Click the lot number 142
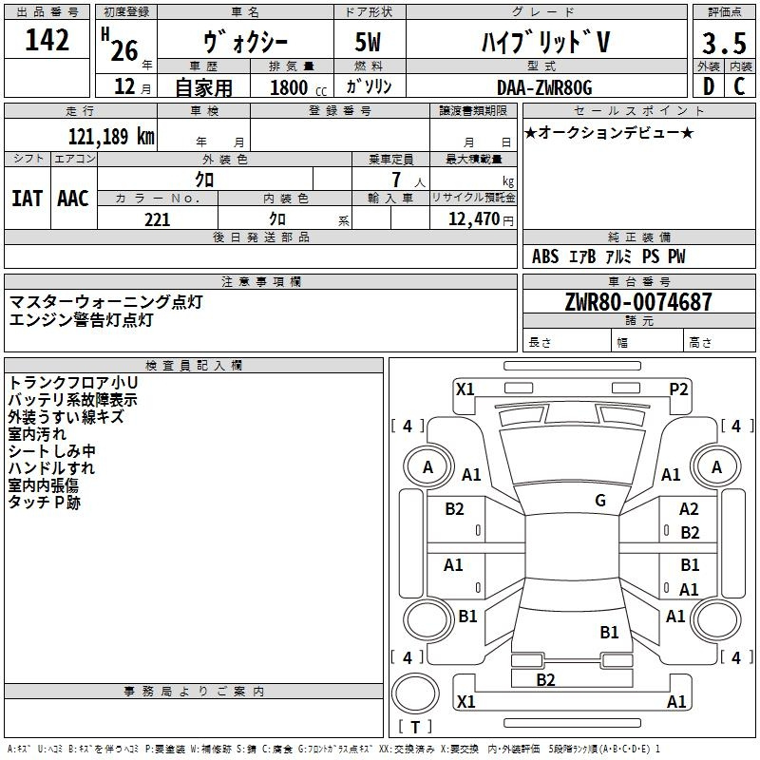tap(47, 41)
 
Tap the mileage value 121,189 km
tap(111, 136)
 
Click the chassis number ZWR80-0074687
tap(637, 303)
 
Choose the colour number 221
tap(157, 219)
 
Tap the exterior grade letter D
tap(708, 87)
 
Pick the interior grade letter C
tap(739, 87)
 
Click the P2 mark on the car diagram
tap(678, 389)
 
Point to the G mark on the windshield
tap(600, 501)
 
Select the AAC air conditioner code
tap(73, 199)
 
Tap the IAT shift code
tap(27, 199)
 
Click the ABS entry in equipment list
tap(545, 256)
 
